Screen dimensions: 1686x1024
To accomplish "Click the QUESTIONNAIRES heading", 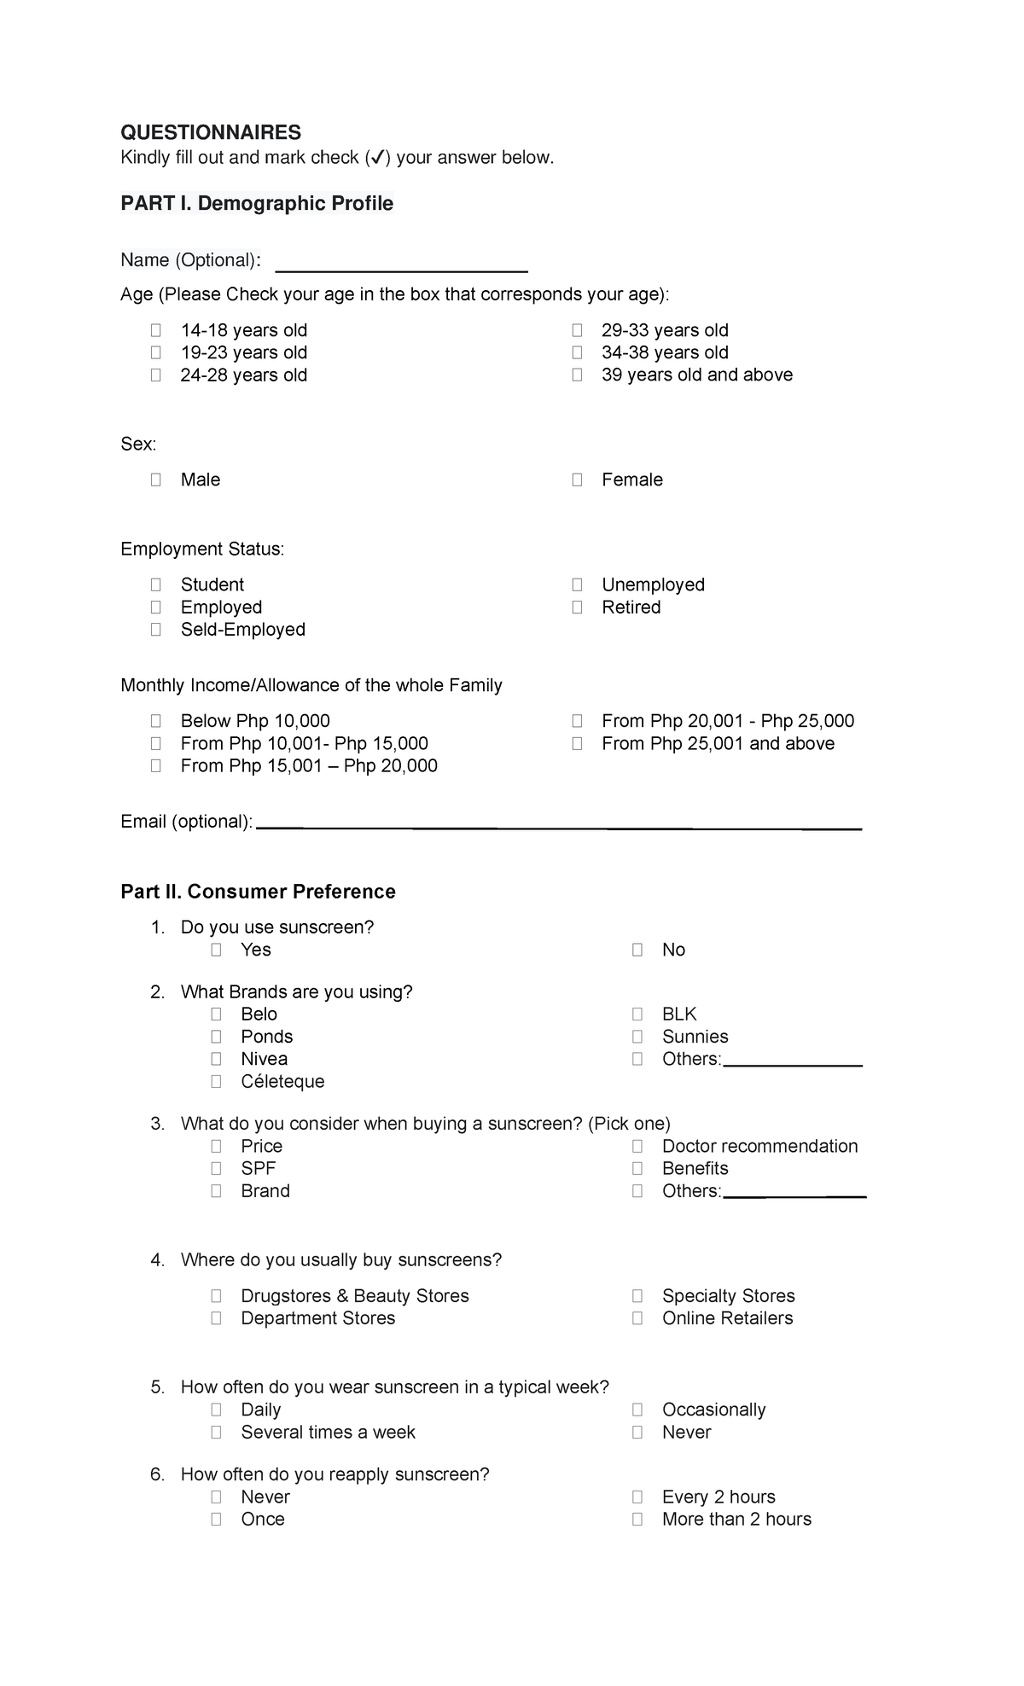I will click(x=211, y=132).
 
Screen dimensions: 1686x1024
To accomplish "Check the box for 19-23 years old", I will click(x=155, y=352).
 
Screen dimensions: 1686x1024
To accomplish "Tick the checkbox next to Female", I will click(x=577, y=480).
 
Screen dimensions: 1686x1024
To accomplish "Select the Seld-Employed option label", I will click(x=242, y=630).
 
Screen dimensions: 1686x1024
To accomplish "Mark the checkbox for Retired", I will click(x=577, y=608).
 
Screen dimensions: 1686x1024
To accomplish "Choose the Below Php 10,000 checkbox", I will click(x=155, y=721).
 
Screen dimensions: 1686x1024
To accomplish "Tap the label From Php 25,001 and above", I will click(x=718, y=743).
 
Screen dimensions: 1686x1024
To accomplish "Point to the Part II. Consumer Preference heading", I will click(x=258, y=892).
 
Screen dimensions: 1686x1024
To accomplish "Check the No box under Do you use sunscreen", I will click(x=637, y=950).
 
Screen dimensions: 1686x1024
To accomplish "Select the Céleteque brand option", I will click(x=282, y=1081).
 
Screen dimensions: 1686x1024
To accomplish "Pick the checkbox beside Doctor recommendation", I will click(x=637, y=1146).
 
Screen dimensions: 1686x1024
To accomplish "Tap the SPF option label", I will click(x=258, y=1168).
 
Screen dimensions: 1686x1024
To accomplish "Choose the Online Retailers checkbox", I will click(x=637, y=1318).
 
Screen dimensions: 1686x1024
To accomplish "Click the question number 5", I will click(x=157, y=1387).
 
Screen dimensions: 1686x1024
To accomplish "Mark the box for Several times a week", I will click(x=216, y=1432).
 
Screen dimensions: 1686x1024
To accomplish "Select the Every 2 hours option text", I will click(x=719, y=1497).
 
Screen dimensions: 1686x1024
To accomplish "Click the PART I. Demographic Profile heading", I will click(x=257, y=203).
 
